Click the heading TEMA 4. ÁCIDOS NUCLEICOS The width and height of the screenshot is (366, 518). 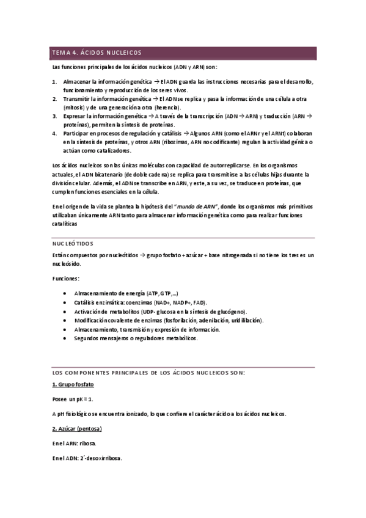click(97, 53)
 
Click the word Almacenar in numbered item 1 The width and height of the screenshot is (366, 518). click(78, 82)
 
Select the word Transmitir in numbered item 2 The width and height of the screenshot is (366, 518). click(78, 99)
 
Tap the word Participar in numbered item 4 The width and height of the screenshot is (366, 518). click(78, 133)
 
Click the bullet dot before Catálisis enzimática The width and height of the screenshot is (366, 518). click(65, 302)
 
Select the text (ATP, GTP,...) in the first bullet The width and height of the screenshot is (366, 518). click(162, 293)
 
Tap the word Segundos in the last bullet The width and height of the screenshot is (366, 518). click(89, 338)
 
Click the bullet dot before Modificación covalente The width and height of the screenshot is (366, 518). click(65, 320)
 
